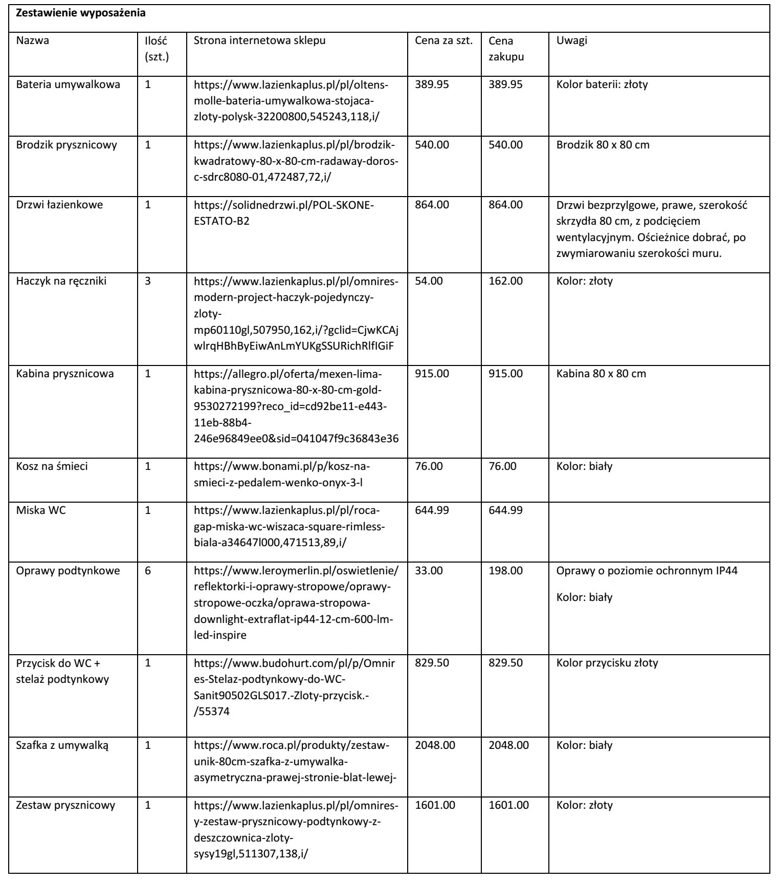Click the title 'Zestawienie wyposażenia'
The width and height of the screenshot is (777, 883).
tap(81, 14)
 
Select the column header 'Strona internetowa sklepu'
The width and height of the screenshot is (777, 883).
tap(259, 41)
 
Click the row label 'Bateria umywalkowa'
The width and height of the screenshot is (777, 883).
tap(68, 85)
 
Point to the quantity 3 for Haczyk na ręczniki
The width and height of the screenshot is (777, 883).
tap(148, 281)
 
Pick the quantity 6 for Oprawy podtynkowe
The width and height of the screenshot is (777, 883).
tap(148, 571)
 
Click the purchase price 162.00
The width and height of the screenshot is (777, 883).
tap(505, 281)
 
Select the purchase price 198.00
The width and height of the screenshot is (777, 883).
tap(505, 571)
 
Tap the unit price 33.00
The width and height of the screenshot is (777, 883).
tap(429, 571)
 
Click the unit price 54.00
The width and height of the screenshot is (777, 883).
tap(429, 281)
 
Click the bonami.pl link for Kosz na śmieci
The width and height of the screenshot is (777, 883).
tap(281, 475)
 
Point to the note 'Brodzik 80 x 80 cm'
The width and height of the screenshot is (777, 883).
tap(603, 145)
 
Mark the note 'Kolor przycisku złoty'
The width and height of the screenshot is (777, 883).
tap(607, 663)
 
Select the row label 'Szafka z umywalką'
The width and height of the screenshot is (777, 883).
tap(63, 745)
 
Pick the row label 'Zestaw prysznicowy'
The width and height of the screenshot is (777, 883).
tap(65, 805)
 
